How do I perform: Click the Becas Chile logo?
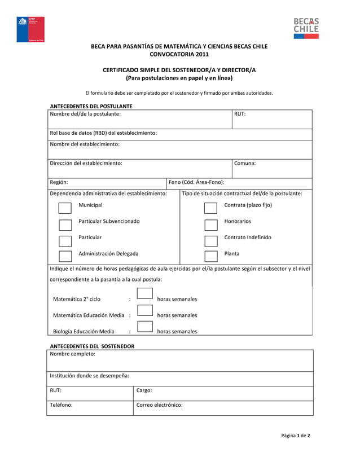tap(305, 28)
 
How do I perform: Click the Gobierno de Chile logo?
tap(29, 30)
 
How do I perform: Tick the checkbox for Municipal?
tap(65, 209)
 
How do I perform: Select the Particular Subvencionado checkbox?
tap(65, 225)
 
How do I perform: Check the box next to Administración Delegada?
tap(65, 257)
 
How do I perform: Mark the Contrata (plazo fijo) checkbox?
tap(211, 209)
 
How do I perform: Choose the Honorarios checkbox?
tap(211, 225)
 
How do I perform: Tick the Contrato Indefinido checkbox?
tap(211, 241)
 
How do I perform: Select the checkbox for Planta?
tap(211, 257)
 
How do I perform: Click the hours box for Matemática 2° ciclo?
tap(145, 293)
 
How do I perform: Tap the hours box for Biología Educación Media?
tap(145, 326)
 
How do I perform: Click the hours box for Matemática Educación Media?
tap(145, 310)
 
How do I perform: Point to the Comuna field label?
tap(245, 163)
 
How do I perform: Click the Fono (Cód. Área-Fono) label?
tap(196, 182)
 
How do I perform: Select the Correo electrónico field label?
tap(160, 405)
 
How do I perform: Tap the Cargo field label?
tap(144, 390)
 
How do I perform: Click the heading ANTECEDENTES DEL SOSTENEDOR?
tap(93, 346)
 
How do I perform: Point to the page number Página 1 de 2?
tap(296, 436)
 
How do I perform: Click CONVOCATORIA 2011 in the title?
tap(179, 55)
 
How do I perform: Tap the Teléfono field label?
tap(62, 405)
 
